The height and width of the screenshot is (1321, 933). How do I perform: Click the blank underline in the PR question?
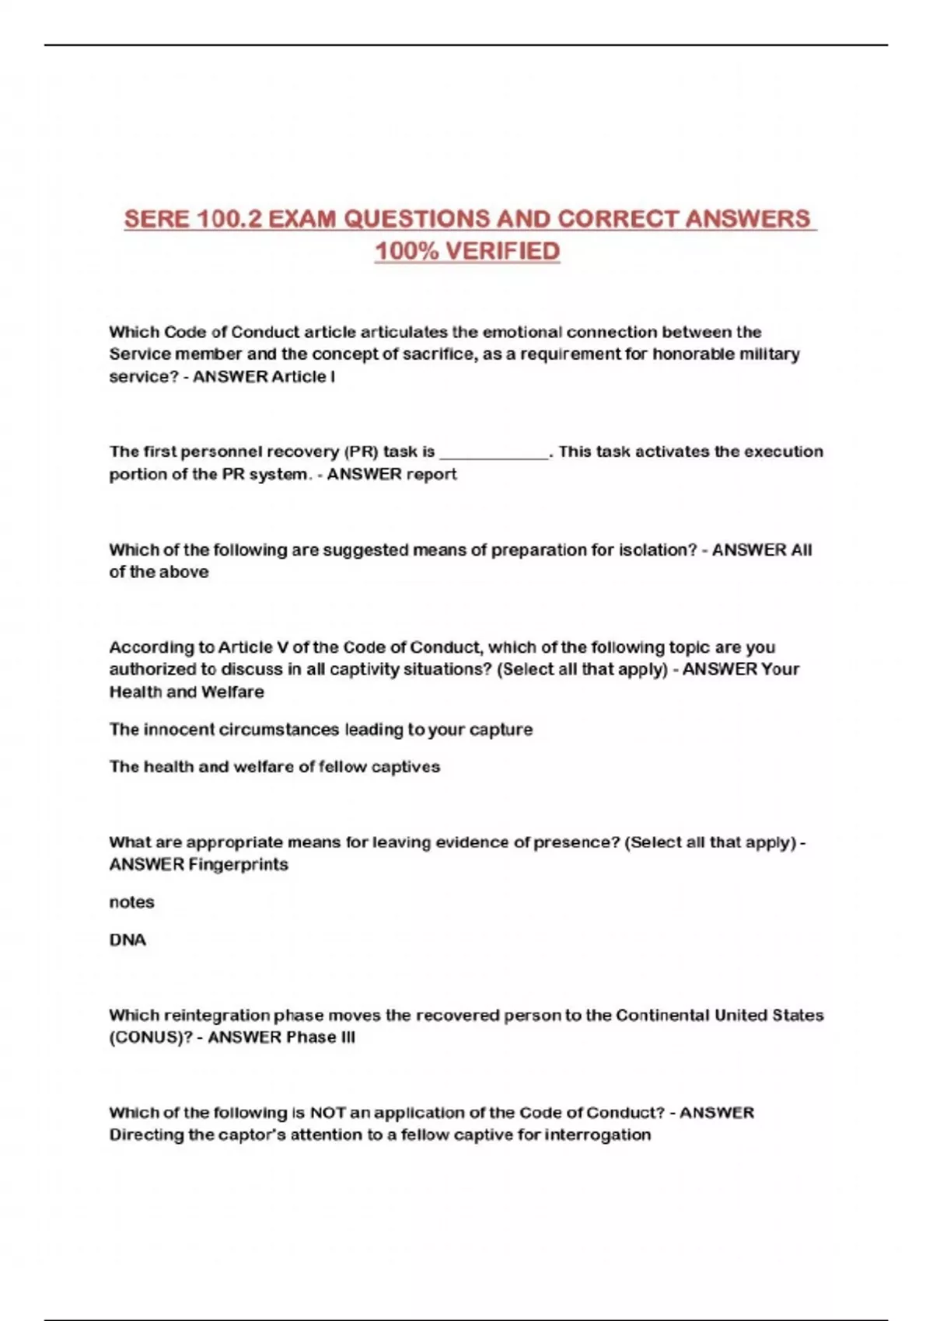(494, 453)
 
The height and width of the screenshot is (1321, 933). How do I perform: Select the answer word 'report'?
(432, 475)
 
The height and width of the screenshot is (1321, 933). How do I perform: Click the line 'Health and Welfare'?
(187, 692)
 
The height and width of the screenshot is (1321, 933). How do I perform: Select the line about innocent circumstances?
(321, 730)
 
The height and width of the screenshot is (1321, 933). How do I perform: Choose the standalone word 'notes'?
(131, 902)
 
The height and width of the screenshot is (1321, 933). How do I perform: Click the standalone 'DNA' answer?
(128, 940)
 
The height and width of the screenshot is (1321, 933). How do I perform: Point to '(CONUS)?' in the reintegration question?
(151, 1037)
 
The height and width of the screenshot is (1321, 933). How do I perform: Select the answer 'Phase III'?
(320, 1037)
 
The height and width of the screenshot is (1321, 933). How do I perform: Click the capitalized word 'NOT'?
(327, 1113)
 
